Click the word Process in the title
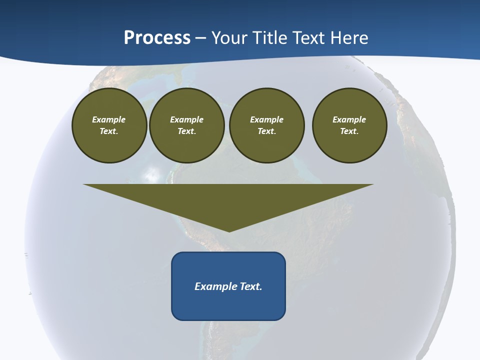[157, 38]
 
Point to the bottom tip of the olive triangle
[229, 230]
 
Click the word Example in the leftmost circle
[109, 119]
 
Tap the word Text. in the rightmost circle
[349, 131]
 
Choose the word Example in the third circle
[266, 119]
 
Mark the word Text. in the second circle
[186, 131]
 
